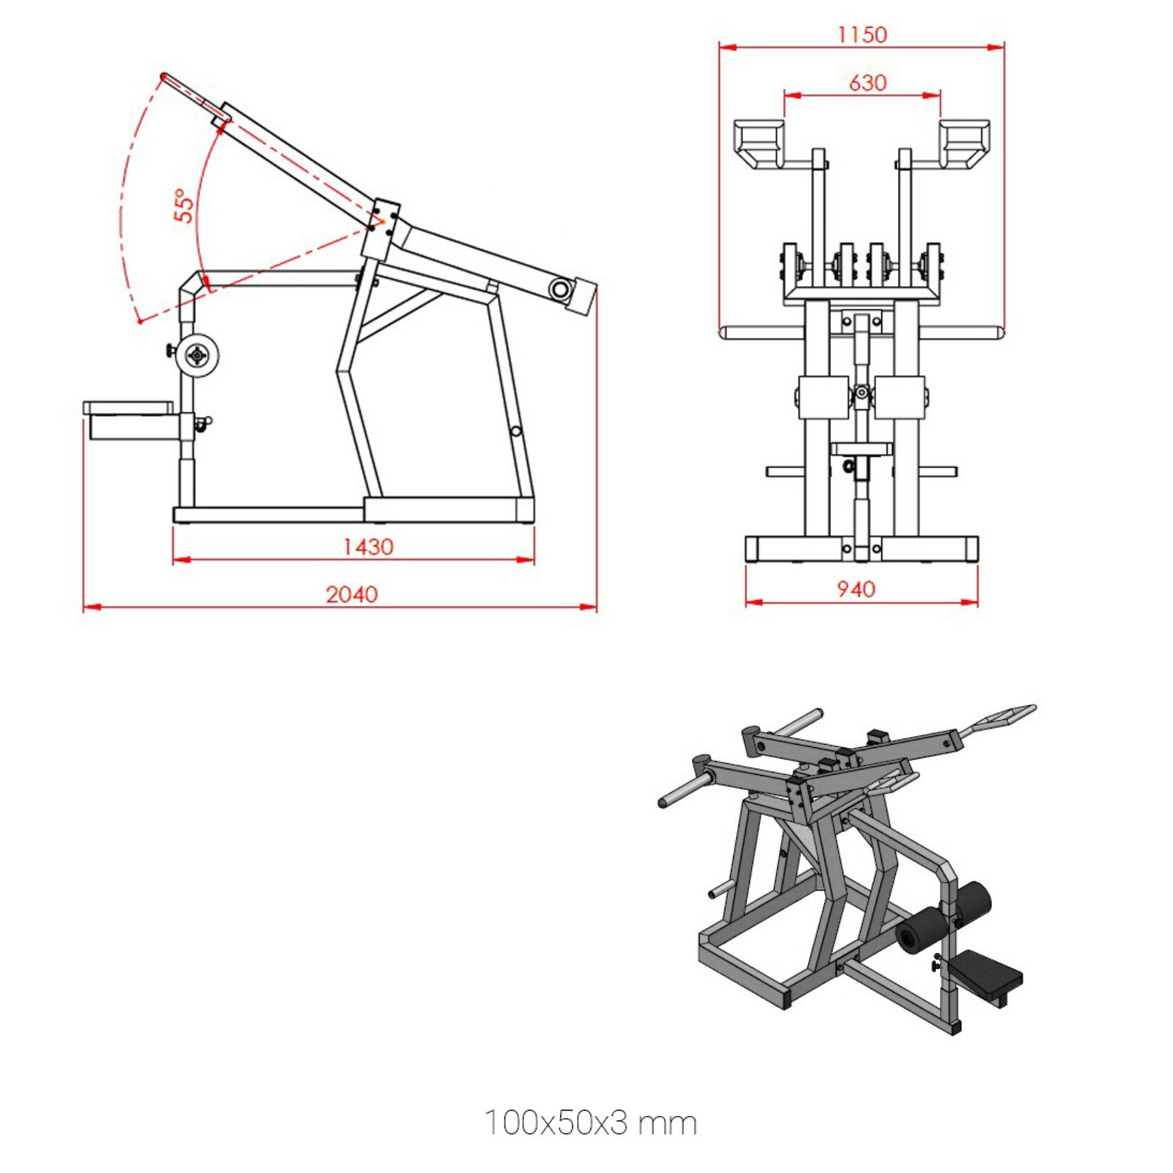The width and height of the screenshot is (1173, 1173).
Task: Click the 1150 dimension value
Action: (861, 34)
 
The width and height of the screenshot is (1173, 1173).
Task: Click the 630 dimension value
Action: (867, 83)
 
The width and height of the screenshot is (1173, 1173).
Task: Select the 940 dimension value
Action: (856, 589)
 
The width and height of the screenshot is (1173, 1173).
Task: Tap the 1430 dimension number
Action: (368, 547)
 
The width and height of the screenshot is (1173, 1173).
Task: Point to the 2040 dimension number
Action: (351, 594)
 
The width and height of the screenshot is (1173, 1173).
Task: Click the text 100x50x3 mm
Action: (590, 1122)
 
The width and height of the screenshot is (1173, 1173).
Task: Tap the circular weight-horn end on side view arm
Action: (560, 290)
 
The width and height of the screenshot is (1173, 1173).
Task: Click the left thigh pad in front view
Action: (823, 397)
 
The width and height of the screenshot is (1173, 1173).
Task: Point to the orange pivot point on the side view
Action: (382, 221)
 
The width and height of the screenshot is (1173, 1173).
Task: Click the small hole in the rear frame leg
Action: (516, 431)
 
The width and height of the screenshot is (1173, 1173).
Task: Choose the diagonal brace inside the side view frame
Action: (400, 313)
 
